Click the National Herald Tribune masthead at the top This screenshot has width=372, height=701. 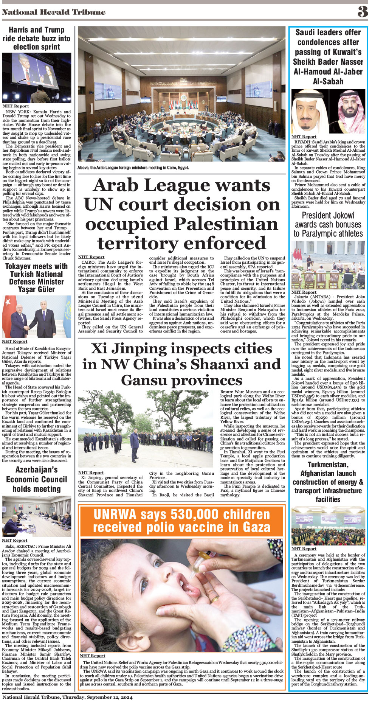(x=54, y=12)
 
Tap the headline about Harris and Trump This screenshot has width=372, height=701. (x=36, y=38)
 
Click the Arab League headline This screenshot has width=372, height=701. (x=182, y=214)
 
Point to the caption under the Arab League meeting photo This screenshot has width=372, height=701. (x=133, y=168)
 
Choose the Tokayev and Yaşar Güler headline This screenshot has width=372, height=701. (x=36, y=278)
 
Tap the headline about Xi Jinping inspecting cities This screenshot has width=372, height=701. (x=182, y=364)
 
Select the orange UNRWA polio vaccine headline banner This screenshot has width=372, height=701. (x=181, y=521)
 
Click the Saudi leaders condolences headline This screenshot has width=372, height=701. (x=328, y=57)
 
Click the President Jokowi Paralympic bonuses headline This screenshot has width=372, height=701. (x=328, y=224)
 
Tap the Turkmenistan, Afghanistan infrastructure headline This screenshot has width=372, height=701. (x=328, y=482)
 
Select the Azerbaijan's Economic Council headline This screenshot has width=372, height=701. (x=36, y=479)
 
